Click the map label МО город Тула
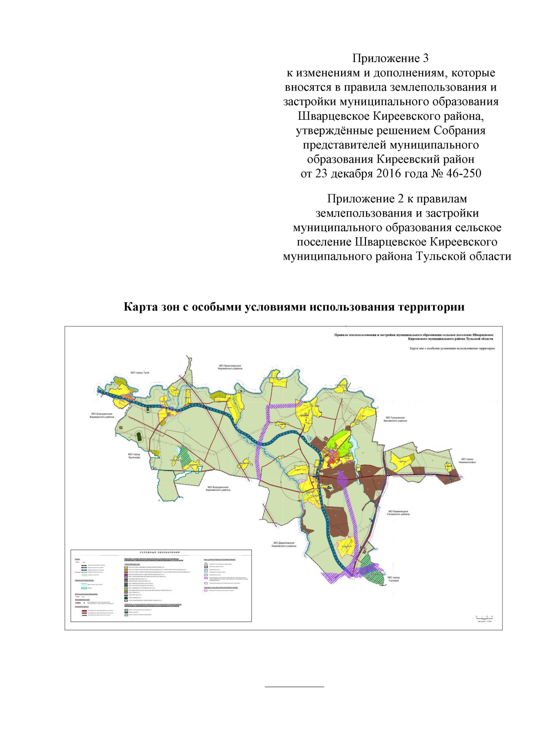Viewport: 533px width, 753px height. point(140,373)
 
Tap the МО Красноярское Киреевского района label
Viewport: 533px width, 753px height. point(230,367)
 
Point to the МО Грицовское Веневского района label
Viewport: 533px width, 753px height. point(395,419)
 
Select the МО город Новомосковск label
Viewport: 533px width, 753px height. point(468,461)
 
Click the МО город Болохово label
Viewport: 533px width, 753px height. point(134,456)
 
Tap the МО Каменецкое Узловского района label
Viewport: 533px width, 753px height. point(398,513)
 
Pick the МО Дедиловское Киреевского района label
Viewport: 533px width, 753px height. point(284,544)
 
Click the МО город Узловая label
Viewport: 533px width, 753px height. point(394,579)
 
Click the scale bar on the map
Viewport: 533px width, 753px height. point(485,617)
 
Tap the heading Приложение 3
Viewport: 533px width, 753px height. point(390,59)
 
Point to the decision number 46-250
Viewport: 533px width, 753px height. point(463,173)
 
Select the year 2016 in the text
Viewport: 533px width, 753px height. point(388,173)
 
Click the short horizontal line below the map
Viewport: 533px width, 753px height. point(294,687)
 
